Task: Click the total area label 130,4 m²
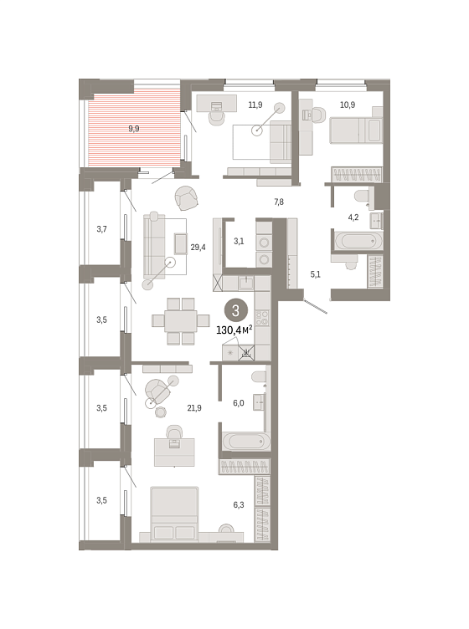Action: (x=234, y=330)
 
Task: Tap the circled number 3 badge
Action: (x=235, y=310)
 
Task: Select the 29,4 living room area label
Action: (x=198, y=248)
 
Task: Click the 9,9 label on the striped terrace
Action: (x=134, y=129)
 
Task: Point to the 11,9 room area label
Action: (x=255, y=105)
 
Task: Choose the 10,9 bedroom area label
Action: (x=348, y=105)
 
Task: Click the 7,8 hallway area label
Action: (x=279, y=202)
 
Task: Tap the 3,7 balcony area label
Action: (x=101, y=229)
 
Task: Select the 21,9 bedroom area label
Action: (x=194, y=408)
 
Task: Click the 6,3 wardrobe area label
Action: (x=239, y=504)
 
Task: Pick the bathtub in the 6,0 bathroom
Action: (x=246, y=442)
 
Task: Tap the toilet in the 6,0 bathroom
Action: (x=259, y=376)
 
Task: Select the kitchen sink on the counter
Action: (x=246, y=284)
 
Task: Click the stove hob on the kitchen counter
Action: (x=262, y=318)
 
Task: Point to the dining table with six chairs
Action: (x=181, y=321)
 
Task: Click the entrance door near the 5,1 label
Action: (x=316, y=306)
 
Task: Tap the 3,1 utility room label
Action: (x=239, y=241)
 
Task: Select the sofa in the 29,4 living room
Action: (x=154, y=246)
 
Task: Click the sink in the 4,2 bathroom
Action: (x=377, y=220)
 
